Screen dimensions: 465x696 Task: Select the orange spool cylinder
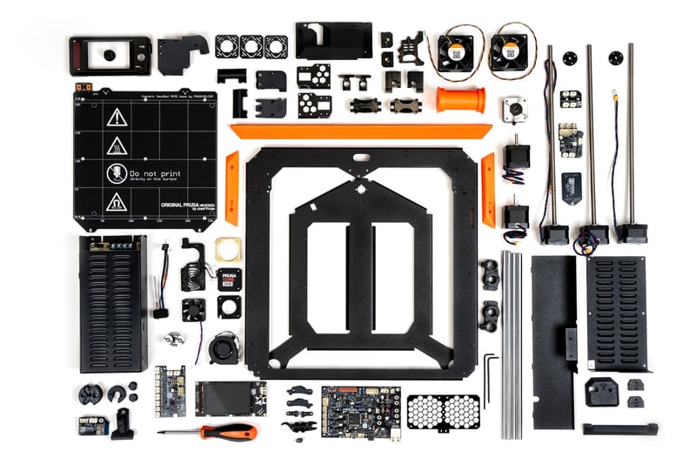point(460,99)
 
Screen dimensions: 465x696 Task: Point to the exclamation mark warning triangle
point(117,118)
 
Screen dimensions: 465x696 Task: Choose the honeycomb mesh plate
point(443,412)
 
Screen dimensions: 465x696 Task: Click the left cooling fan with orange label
point(455,52)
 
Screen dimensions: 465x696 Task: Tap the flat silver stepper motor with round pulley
point(515,111)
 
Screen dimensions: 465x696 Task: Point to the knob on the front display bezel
point(110,55)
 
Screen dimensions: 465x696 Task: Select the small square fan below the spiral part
point(194,309)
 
